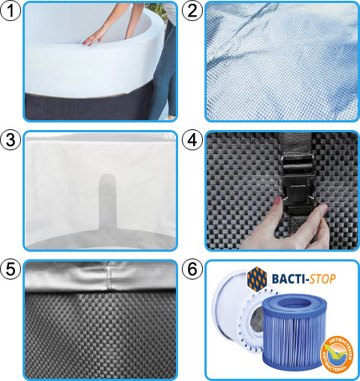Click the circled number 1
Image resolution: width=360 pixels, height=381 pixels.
11,11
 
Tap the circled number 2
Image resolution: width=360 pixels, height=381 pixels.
192,11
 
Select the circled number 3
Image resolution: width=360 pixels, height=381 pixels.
11,141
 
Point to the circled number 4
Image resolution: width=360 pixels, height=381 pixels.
192,141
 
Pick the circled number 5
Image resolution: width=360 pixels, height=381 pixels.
11,270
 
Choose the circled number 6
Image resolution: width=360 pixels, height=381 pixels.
192,270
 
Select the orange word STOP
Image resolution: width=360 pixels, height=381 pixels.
316,280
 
